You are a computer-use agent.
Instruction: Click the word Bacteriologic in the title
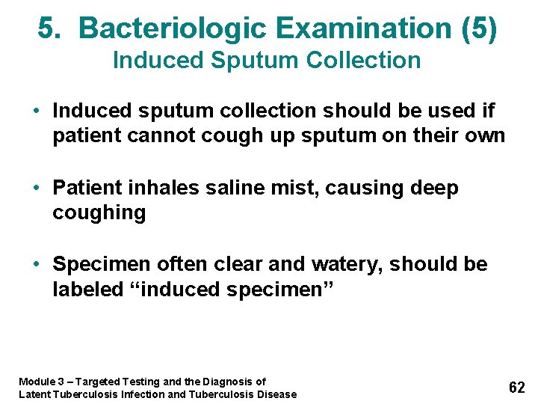point(173,28)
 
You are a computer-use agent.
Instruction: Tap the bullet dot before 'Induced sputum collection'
point(37,111)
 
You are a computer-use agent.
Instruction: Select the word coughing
point(99,213)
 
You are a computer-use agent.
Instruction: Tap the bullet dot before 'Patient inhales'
point(37,188)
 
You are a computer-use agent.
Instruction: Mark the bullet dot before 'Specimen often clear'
point(37,264)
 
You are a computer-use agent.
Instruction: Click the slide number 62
point(516,387)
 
